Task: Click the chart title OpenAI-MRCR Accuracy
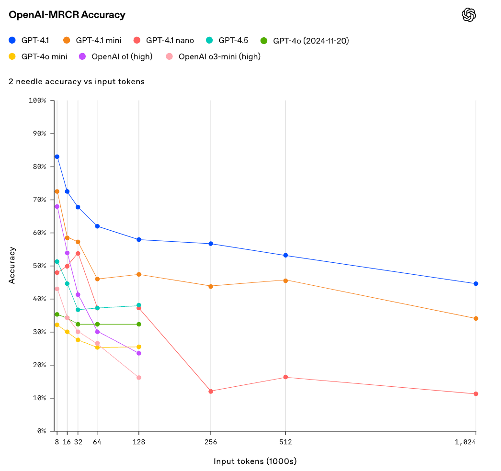tap(67, 15)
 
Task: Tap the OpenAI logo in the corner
tap(468, 15)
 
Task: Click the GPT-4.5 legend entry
tap(233, 40)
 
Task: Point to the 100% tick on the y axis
tap(37, 101)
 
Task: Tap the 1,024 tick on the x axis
tap(465, 442)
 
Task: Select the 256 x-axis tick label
tap(211, 442)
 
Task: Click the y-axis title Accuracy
tap(12, 265)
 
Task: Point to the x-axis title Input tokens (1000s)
tap(255, 461)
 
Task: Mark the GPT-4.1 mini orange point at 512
tap(285, 280)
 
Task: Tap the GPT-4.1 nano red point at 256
tap(211, 391)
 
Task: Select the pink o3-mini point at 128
tap(139, 378)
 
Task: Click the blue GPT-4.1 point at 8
tap(57, 157)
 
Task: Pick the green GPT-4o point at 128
tap(139, 324)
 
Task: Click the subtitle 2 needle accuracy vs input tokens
tap(77, 82)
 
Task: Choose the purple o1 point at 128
tap(139, 353)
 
